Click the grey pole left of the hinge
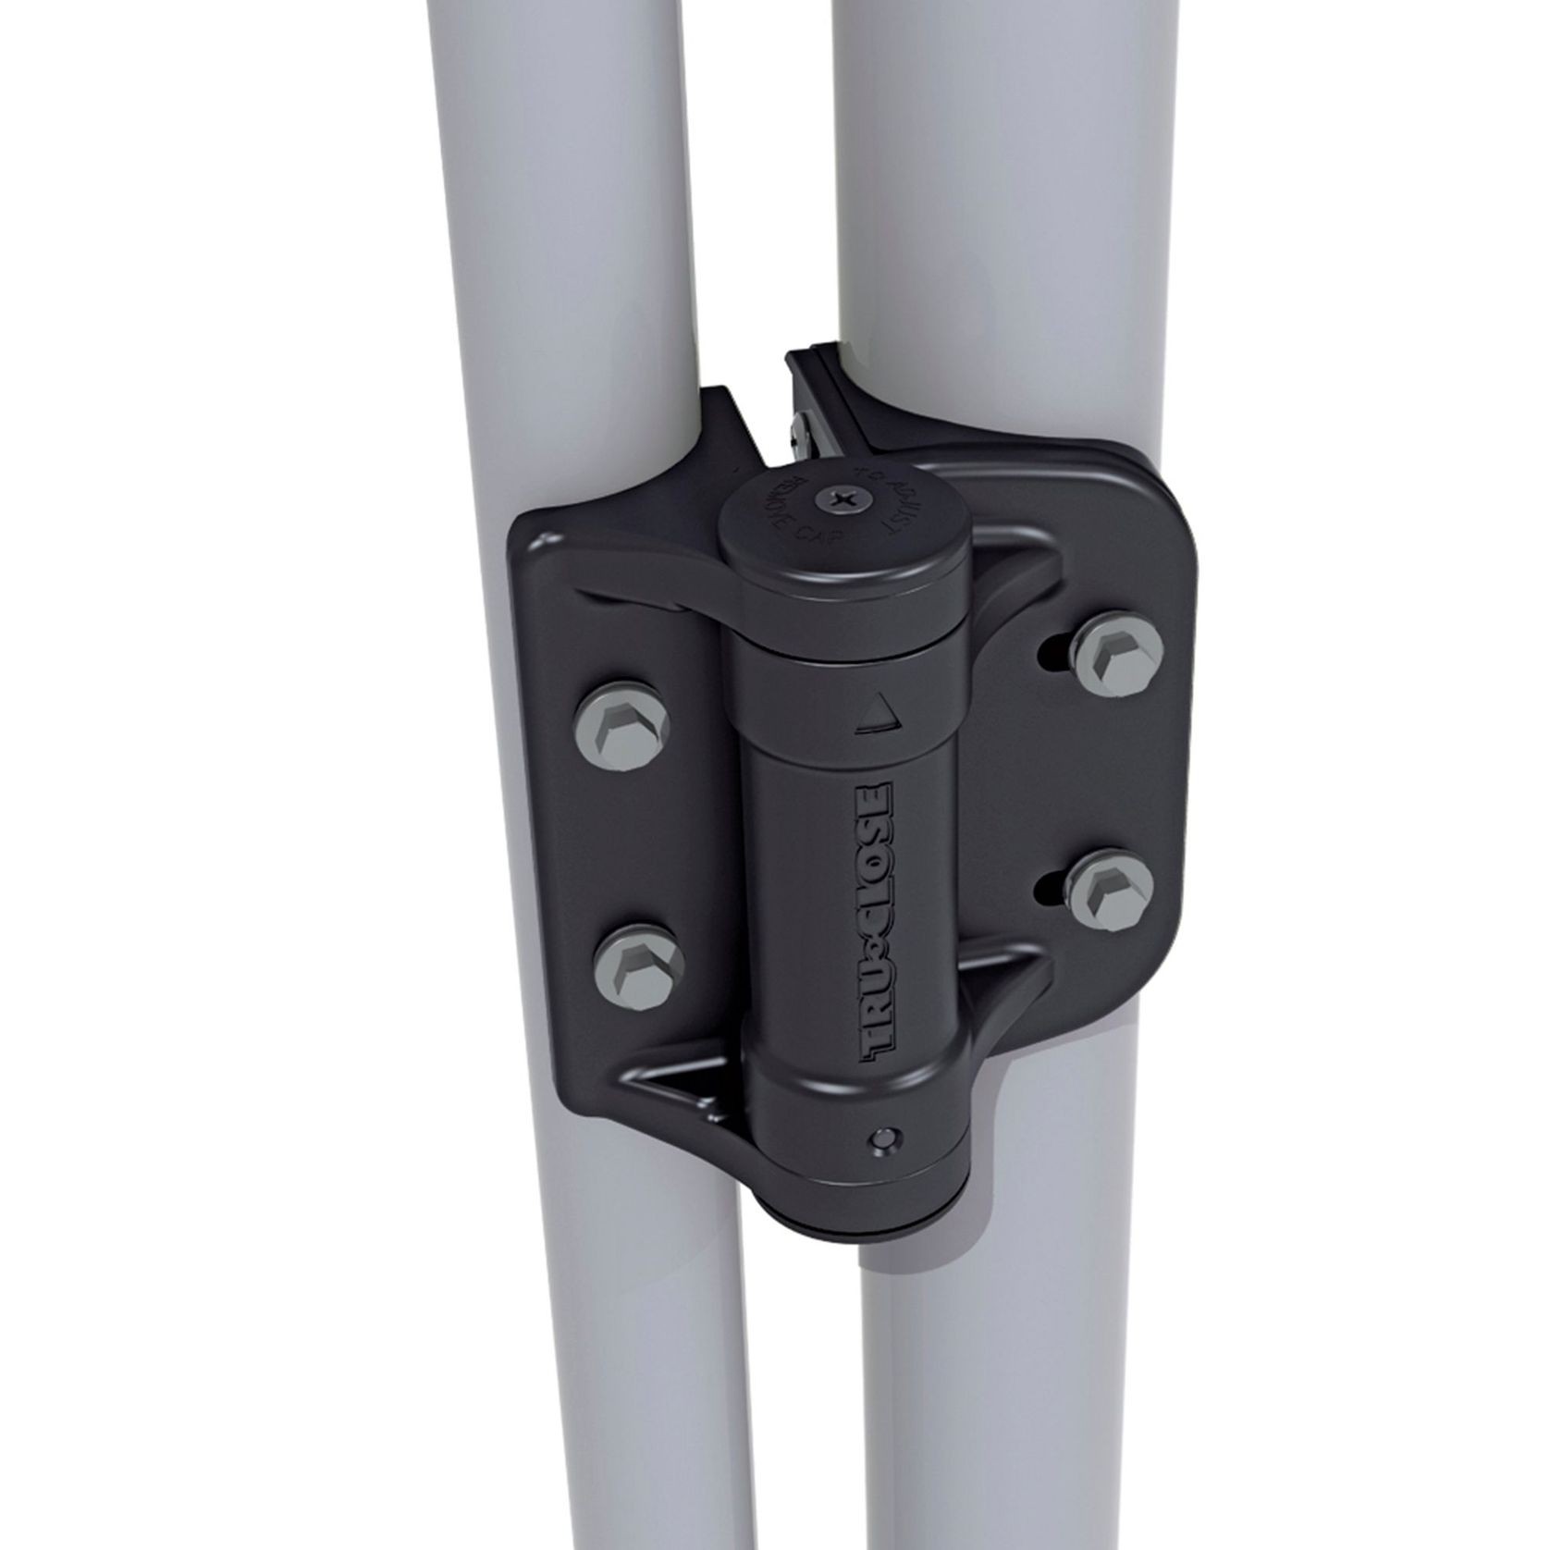coord(592,277)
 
